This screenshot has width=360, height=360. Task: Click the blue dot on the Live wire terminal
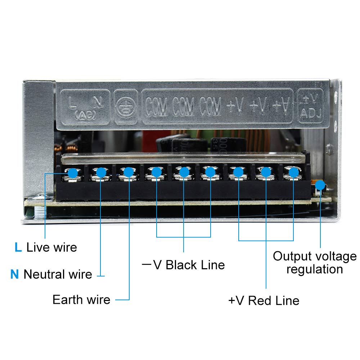pos(73,173)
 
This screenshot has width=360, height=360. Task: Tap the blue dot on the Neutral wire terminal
pos(101,173)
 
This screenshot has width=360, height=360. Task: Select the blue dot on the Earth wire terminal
pos(129,172)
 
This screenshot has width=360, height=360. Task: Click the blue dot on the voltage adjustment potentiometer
pos(320,186)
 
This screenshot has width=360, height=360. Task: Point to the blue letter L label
pos(18,247)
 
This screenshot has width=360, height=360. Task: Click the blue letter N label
pos(14,274)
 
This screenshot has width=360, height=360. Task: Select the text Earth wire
pos(81,300)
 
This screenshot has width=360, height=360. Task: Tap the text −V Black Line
pos(183,265)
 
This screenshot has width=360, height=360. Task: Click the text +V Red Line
pos(264,300)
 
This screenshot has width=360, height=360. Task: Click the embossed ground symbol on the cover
pos(126,107)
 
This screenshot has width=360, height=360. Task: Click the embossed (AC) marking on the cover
pos(85,115)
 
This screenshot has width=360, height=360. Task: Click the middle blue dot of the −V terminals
pos(184,172)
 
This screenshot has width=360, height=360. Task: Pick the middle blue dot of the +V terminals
pos(266,172)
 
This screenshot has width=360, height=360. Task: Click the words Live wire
pos(52,247)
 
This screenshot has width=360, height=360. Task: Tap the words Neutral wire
pos(58,274)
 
